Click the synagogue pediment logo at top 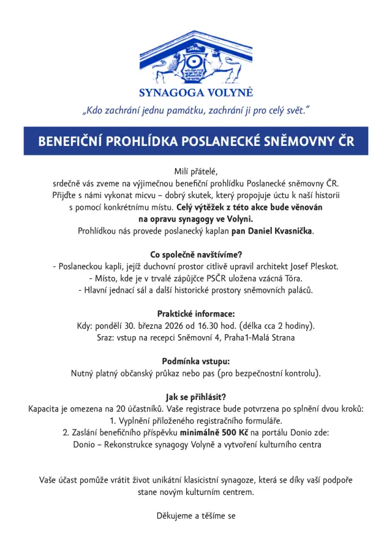tap(196, 59)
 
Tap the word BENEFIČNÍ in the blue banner tap(70, 141)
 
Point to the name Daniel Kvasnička tap(281, 231)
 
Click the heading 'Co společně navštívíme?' tap(196, 255)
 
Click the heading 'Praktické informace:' tap(196, 313)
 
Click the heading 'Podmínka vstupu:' tap(196, 361)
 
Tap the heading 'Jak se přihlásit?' tap(196, 396)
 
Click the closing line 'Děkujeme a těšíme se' tap(196, 516)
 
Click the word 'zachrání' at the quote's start tap(125, 111)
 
